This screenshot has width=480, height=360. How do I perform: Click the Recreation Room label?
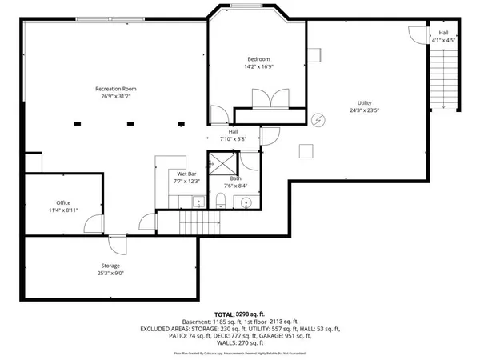coord(117,88)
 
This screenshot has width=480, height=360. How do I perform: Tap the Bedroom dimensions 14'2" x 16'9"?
coord(258,66)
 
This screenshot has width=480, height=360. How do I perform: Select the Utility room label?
coord(364,104)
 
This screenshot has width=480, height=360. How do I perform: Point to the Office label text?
coord(63,203)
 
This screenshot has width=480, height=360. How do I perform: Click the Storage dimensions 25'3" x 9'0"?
coord(110,273)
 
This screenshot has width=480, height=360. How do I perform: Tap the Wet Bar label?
coord(187,174)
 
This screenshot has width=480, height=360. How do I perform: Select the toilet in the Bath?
coord(220,200)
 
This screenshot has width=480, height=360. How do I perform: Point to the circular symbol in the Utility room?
coord(319,119)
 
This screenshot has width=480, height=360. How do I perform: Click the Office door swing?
coord(94,225)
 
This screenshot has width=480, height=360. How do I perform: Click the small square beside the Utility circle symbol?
coord(306,149)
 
